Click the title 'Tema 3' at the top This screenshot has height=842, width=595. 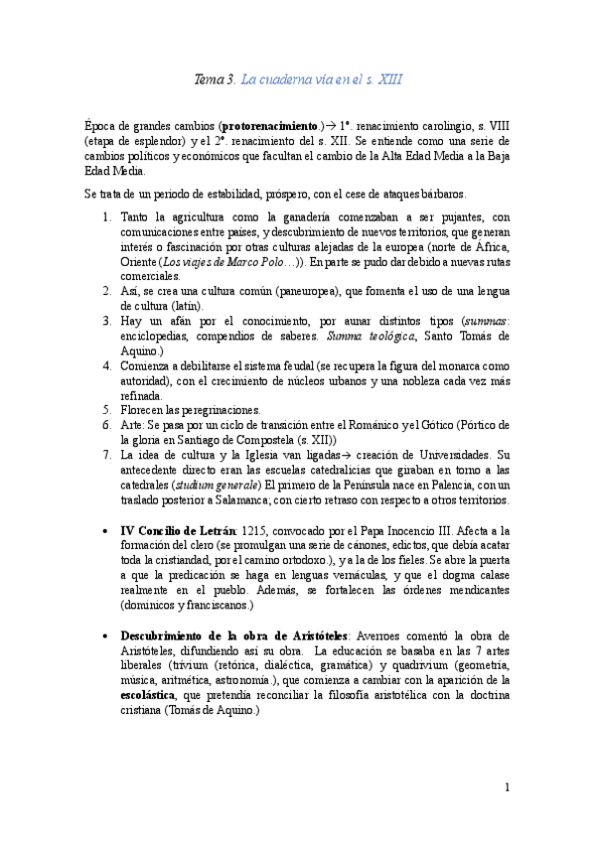tap(214, 79)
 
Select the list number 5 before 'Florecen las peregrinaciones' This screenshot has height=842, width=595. tap(107, 409)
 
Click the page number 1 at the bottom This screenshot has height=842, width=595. tap(507, 788)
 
